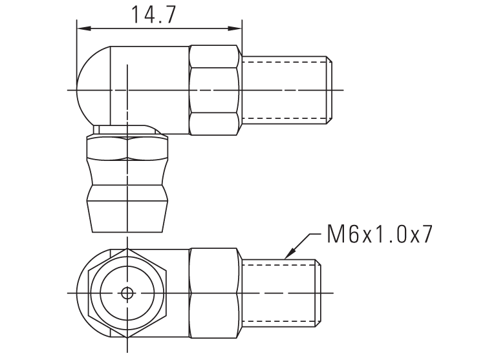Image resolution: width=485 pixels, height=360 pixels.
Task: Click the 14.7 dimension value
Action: [x=153, y=14]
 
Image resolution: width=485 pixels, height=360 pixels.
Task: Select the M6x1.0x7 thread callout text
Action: [x=378, y=234]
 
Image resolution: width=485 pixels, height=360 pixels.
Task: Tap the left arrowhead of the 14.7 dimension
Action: [x=82, y=28]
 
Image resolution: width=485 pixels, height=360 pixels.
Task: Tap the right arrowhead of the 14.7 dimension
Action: [x=237, y=28]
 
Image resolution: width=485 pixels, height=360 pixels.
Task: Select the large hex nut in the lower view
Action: [x=215, y=292]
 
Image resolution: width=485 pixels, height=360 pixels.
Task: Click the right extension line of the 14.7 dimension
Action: [x=242, y=39]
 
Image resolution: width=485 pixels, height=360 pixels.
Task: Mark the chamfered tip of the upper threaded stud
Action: [x=330, y=89]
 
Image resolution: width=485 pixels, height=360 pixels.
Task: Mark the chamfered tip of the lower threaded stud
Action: [x=318, y=292]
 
